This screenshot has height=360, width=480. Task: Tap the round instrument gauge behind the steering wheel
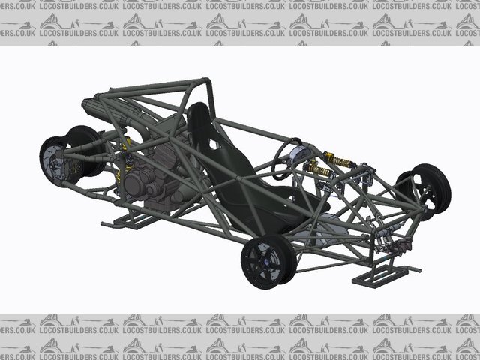[299, 153]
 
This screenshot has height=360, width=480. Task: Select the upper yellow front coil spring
[339, 160]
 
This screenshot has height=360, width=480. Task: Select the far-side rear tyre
[86, 151]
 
